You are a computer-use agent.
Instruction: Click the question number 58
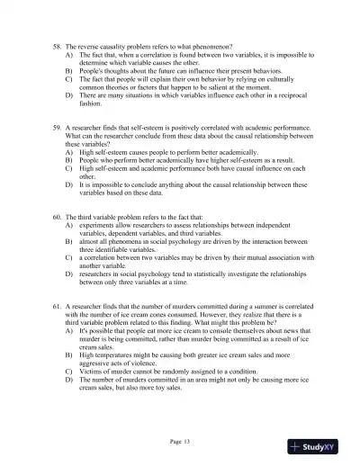click(x=58, y=44)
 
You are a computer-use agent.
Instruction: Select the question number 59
click(x=58, y=129)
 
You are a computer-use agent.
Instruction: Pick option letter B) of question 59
click(x=69, y=162)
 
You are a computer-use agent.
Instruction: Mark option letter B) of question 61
click(x=69, y=355)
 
